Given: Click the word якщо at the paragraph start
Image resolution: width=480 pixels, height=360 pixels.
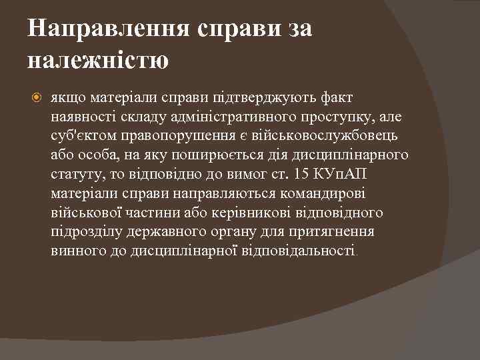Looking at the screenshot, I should (x=65, y=98).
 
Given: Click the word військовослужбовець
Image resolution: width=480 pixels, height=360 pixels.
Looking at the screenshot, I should (x=326, y=137).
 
